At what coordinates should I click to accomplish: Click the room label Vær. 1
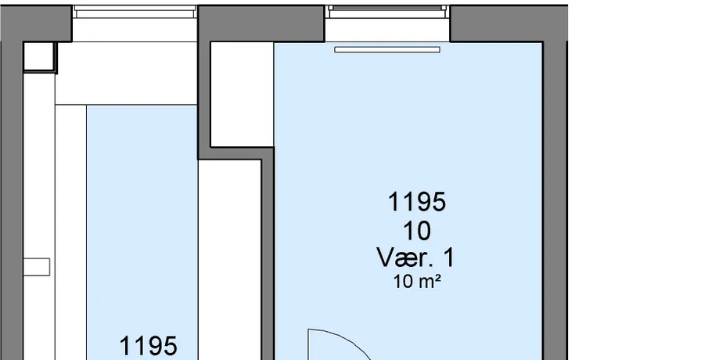pos(416,258)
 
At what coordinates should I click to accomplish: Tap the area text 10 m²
pos(417,282)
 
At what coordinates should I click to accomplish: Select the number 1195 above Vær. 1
pos(417,201)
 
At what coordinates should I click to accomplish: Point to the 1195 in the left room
pos(148,347)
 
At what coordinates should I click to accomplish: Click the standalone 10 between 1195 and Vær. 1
pos(417,231)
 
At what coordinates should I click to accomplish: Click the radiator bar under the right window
pos(387,49)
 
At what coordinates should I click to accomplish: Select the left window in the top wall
pos(135,12)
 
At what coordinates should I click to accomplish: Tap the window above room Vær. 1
pos(387,12)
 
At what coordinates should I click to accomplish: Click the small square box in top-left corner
pos(39,57)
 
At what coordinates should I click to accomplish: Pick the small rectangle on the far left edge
pos(36,267)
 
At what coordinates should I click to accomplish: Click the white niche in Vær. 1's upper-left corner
pos(242,95)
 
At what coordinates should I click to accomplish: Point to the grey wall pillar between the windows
pos(261,23)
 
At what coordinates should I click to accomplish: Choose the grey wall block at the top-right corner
pos(509,23)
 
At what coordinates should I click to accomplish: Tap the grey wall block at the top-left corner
pos(36,23)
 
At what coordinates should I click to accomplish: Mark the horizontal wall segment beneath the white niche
pos(236,153)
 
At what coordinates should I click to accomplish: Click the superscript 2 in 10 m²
pos(437,279)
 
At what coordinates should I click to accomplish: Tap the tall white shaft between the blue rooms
pos(230,260)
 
